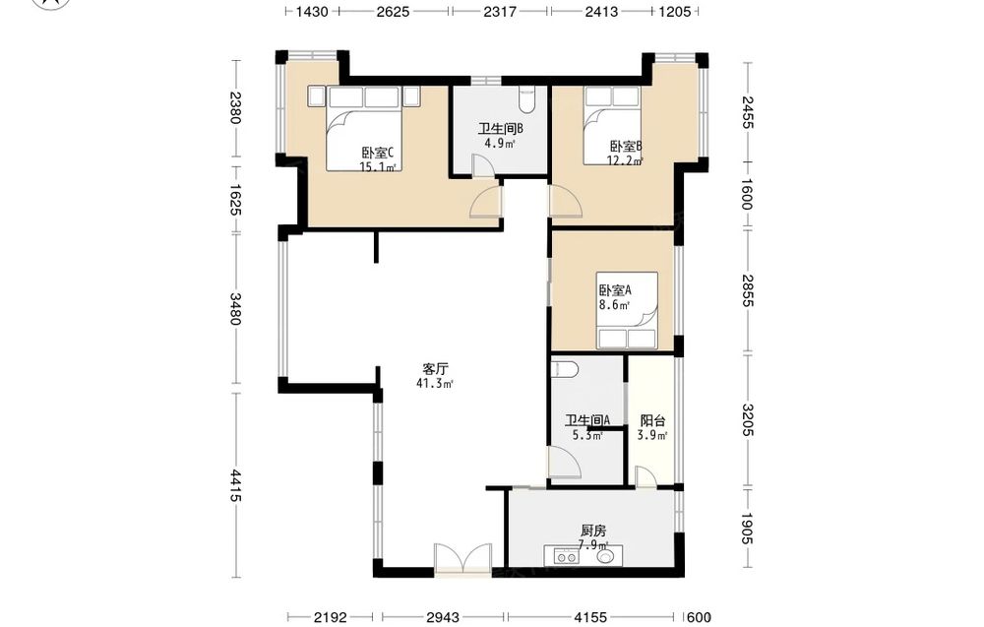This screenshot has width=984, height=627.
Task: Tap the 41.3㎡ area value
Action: pyautogui.click(x=434, y=384)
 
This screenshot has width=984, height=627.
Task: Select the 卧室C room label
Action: pyautogui.click(x=377, y=153)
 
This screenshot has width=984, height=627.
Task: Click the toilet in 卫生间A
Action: pyautogui.click(x=564, y=369)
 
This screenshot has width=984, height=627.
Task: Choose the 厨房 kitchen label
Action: pyautogui.click(x=593, y=531)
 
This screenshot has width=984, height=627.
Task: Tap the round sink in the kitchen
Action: pyautogui.click(x=606, y=556)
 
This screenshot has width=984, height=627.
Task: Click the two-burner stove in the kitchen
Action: pyautogui.click(x=566, y=556)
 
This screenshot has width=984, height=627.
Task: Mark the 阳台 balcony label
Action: pyautogui.click(x=652, y=420)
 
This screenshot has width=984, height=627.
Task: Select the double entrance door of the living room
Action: pyautogui.click(x=462, y=559)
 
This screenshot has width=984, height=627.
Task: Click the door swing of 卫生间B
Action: pyautogui.click(x=484, y=166)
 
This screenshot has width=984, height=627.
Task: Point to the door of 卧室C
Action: pyautogui.click(x=486, y=202)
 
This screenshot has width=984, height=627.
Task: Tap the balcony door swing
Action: pyautogui.click(x=646, y=476)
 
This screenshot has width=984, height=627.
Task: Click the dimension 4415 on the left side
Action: pyautogui.click(x=235, y=485)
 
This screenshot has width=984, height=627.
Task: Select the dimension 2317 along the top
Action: pyautogui.click(x=500, y=11)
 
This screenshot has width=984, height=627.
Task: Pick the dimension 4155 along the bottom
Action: pyautogui.click(x=591, y=617)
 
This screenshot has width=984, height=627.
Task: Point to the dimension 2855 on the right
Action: pyautogui.click(x=747, y=290)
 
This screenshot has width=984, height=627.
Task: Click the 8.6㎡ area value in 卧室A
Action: pyautogui.click(x=614, y=306)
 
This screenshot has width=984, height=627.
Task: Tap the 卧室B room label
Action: pyautogui.click(x=626, y=147)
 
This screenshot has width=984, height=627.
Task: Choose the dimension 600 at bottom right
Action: pyautogui.click(x=699, y=617)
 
